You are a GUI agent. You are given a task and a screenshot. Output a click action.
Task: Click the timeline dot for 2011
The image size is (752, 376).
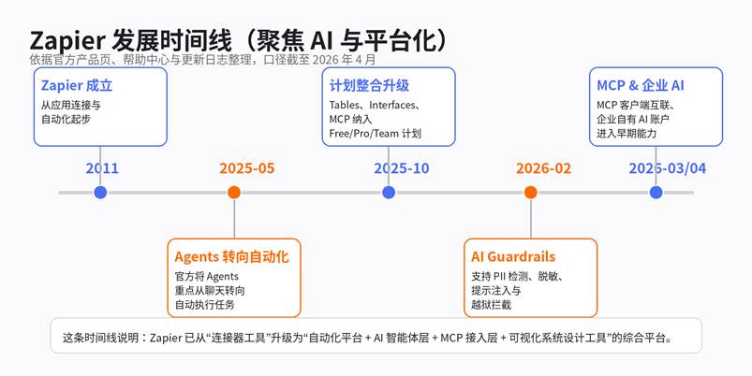tap(100, 193)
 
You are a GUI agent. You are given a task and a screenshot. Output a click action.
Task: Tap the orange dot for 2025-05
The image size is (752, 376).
tap(234, 193)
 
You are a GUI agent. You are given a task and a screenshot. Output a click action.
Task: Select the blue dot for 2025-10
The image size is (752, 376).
tap(389, 193)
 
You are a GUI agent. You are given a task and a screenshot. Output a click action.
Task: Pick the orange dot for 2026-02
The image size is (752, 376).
tap(530, 193)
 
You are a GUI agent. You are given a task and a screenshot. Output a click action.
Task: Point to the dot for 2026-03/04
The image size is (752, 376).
tap(656, 193)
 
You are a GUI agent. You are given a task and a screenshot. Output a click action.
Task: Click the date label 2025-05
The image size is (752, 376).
tap(247, 168)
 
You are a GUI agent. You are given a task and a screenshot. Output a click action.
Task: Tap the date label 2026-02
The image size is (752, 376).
tap(543, 168)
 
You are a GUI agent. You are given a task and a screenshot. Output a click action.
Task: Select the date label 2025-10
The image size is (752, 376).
tap(402, 168)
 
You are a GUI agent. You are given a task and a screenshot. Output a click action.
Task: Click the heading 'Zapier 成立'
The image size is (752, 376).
tap(77, 86)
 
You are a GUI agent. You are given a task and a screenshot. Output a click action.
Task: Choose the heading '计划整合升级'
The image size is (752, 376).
tap(369, 86)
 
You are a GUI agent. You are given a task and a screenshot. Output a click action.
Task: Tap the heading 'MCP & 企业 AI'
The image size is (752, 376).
tap(641, 86)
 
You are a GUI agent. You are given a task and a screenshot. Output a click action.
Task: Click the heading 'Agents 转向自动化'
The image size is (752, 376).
tap(231, 257)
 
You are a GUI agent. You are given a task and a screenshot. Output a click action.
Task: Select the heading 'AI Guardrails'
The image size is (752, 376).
tap(513, 257)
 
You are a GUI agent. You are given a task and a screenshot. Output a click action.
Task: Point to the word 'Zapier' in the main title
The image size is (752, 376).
tap(67, 41)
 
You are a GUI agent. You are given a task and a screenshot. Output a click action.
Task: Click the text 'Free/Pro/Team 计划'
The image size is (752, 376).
tap(375, 134)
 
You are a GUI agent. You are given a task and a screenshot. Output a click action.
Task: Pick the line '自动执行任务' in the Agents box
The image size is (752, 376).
tap(204, 305)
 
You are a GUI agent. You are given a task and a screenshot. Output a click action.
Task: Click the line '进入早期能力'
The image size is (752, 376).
tap(627, 134)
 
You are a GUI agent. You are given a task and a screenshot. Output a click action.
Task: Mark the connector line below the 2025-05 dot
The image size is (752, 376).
tap(234, 219)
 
